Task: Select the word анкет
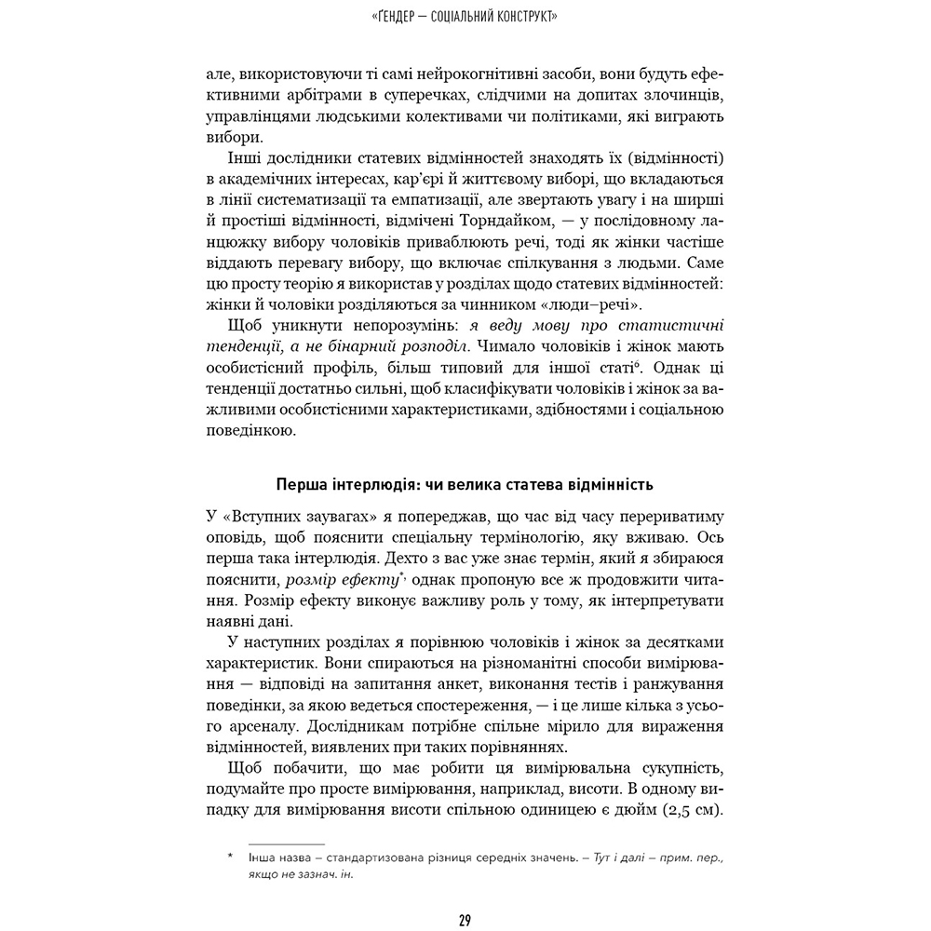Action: point(471,684)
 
